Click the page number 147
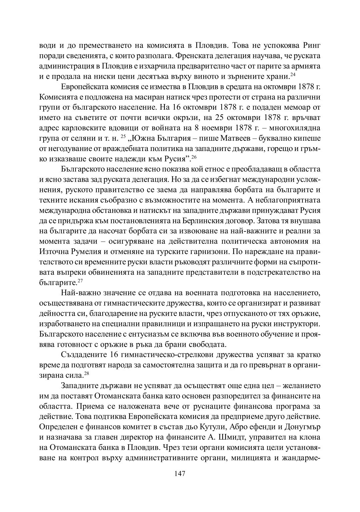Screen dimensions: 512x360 [x=180, y=474]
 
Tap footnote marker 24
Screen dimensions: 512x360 [x=293, y=74]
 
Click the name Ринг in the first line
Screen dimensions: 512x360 [x=311, y=45]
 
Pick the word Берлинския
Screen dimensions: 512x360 [x=204, y=221]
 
